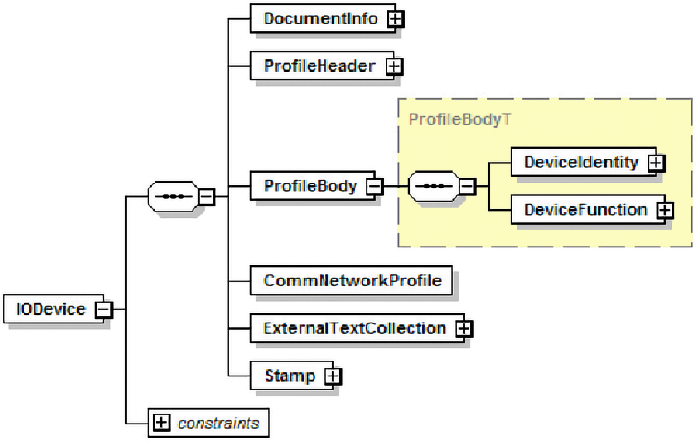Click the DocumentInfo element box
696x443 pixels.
pyautogui.click(x=320, y=19)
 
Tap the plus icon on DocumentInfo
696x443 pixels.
pyautogui.click(x=395, y=19)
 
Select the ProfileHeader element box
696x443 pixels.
pyautogui.click(x=319, y=66)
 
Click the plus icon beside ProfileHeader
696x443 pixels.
pyautogui.click(x=394, y=67)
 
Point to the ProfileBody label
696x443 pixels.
pyautogui.click(x=310, y=186)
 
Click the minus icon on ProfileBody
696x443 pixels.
pyautogui.click(x=374, y=186)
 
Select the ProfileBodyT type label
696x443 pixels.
pyautogui.click(x=459, y=120)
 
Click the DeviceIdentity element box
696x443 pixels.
pyautogui.click(x=581, y=162)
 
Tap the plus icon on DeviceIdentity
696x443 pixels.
pyautogui.click(x=656, y=163)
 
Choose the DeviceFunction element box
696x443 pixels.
pyautogui.click(x=585, y=210)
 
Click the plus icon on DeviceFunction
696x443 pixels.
pyautogui.click(x=665, y=210)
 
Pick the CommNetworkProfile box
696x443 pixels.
pyautogui.click(x=352, y=281)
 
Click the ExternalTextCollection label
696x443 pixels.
pyautogui.click(x=354, y=328)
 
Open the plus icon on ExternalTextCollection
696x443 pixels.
pyautogui.click(x=464, y=328)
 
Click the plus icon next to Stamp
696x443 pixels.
pyautogui.click(x=333, y=376)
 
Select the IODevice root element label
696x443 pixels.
pyautogui.click(x=51, y=309)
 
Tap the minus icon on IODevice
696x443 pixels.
pyautogui.click(x=103, y=310)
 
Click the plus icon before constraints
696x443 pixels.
pyautogui.click(x=161, y=423)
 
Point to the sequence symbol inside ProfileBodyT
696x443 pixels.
pyautogui.click(x=433, y=186)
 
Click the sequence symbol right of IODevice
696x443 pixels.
pyautogui.click(x=173, y=197)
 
